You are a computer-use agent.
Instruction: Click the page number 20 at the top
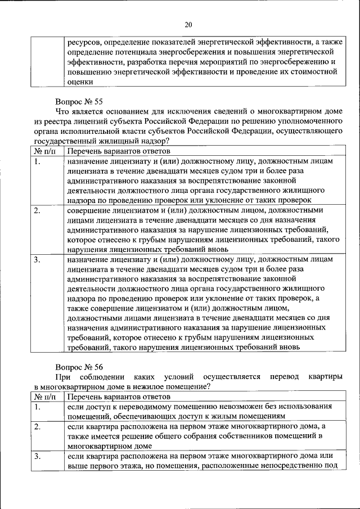click(188, 24)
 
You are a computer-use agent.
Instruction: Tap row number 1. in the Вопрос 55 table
click(37, 162)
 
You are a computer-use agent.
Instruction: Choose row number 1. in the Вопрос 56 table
click(37, 406)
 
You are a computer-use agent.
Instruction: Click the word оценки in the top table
click(80, 82)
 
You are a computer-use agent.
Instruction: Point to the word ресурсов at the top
click(84, 42)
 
